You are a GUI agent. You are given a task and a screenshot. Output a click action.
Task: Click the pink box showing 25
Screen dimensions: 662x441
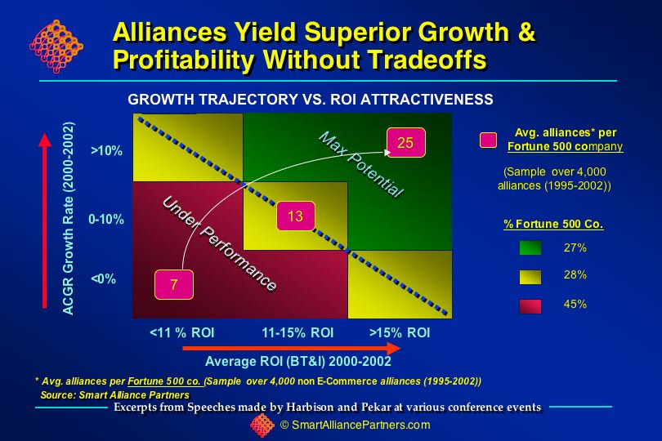click(405, 142)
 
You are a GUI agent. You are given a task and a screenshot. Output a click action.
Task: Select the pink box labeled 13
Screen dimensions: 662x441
click(296, 216)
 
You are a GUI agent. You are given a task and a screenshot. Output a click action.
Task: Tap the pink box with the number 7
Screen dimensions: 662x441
click(174, 285)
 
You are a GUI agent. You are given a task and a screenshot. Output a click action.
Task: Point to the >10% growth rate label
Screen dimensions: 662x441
click(106, 150)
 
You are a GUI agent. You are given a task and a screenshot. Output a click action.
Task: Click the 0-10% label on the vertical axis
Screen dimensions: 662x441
click(106, 219)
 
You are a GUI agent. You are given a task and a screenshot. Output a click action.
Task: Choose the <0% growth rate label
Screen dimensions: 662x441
click(104, 279)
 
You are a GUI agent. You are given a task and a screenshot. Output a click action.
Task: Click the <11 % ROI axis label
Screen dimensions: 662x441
click(182, 332)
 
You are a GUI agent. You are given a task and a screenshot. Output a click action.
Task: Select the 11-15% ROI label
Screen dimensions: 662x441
click(297, 332)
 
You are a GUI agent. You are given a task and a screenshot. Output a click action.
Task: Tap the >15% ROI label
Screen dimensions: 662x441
click(400, 332)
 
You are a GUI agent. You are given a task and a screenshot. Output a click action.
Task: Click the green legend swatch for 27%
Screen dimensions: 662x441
click(530, 248)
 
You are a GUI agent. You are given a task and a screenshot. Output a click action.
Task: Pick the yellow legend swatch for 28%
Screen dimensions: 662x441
click(530, 277)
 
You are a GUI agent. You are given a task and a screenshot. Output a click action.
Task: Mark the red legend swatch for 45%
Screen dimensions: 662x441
click(530, 306)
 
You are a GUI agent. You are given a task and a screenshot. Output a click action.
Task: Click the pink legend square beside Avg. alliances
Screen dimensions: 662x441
click(488, 140)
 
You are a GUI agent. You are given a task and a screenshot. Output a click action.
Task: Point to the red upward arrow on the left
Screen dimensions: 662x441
click(45, 220)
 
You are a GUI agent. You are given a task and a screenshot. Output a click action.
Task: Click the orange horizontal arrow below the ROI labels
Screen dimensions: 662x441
click(292, 348)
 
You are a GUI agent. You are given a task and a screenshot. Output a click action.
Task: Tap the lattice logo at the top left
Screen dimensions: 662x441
click(56, 47)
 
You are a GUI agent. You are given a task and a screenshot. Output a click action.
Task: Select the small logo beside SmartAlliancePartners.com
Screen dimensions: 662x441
click(262, 425)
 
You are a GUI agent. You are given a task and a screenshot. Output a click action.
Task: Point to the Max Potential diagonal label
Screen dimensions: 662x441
click(361, 164)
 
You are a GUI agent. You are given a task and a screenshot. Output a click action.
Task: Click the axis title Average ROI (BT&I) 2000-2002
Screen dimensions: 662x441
click(298, 361)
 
